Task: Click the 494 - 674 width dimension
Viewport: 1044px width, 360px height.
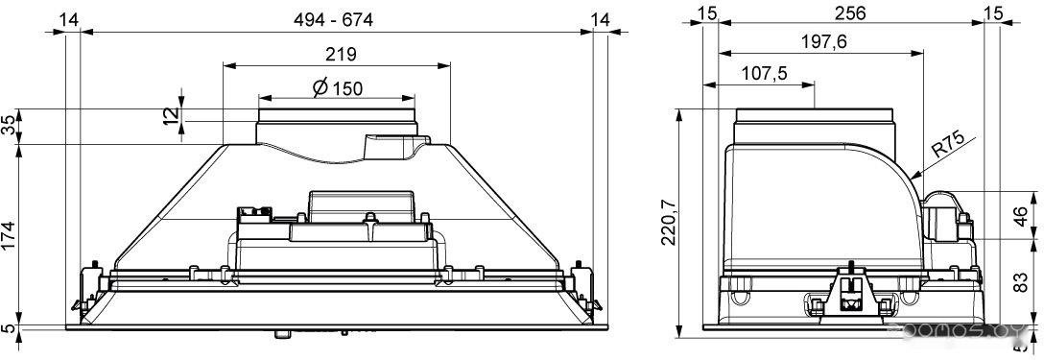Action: tap(334, 19)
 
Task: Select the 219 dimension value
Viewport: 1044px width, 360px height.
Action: tap(341, 54)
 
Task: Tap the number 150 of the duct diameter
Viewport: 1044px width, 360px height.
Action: tap(347, 88)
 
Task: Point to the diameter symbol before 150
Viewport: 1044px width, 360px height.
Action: tap(320, 87)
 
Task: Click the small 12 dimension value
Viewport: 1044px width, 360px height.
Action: tap(172, 114)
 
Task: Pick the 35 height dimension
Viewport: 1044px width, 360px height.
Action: tap(9, 126)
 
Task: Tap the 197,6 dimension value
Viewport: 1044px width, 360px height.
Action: tap(823, 42)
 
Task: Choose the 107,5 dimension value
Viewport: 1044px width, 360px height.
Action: tap(764, 73)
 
